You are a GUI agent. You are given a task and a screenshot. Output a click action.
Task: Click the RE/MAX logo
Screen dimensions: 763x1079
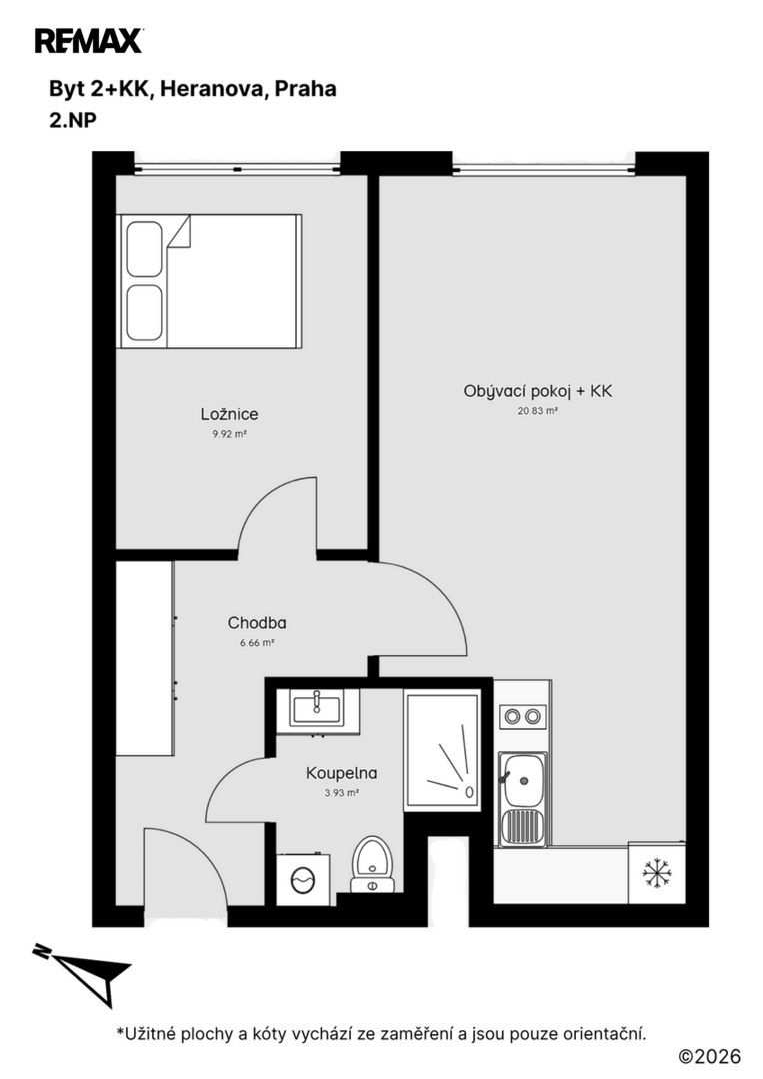pyautogui.click(x=90, y=41)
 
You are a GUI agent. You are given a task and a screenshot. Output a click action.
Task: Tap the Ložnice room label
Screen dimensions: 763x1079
pyautogui.click(x=229, y=414)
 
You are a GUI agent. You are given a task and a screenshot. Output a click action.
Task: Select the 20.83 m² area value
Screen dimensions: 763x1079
pyautogui.click(x=537, y=411)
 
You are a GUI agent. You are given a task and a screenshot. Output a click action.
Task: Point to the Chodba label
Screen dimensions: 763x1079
pyautogui.click(x=257, y=623)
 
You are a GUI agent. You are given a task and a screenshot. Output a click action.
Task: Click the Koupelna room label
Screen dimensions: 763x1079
pyautogui.click(x=342, y=772)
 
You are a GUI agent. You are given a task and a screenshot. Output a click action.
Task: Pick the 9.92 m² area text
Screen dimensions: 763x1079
pyautogui.click(x=229, y=434)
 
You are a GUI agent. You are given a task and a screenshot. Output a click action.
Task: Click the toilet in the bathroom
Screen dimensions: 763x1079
pyautogui.click(x=372, y=864)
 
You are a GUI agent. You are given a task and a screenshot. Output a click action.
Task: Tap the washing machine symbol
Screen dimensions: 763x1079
pyautogui.click(x=303, y=879)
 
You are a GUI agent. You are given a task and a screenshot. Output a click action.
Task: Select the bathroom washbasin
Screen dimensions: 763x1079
pyautogui.click(x=317, y=708)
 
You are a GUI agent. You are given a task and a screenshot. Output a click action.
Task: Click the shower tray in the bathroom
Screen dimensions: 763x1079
pyautogui.click(x=441, y=749)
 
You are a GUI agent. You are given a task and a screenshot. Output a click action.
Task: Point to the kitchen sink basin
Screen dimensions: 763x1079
pyautogui.click(x=523, y=781)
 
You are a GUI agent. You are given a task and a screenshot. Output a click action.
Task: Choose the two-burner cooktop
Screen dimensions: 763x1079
pyautogui.click(x=522, y=717)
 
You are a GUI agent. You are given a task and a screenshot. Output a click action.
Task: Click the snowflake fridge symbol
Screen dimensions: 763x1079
pyautogui.click(x=657, y=873)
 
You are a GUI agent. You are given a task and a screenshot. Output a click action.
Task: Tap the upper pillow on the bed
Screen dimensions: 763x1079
pyautogui.click(x=145, y=249)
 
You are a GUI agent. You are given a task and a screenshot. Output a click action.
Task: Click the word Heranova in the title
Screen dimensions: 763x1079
pyautogui.click(x=213, y=89)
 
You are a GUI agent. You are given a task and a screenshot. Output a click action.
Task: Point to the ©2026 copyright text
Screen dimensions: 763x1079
pyautogui.click(x=710, y=1056)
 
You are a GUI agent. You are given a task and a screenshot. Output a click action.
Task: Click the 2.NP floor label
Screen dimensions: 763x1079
pyautogui.click(x=72, y=121)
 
